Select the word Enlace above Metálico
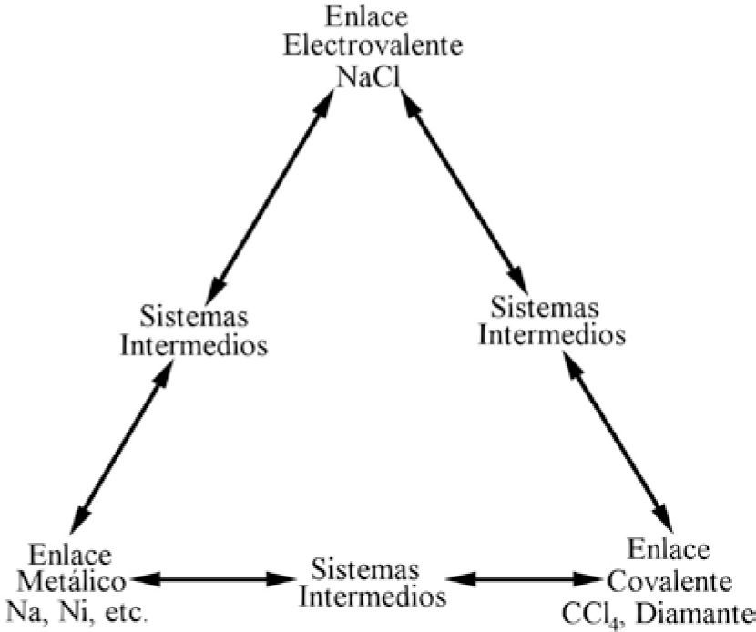(x=71, y=554)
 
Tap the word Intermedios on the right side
(x=552, y=333)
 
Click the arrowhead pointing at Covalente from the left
(x=590, y=578)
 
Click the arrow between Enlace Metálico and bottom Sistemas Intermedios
(x=213, y=578)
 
